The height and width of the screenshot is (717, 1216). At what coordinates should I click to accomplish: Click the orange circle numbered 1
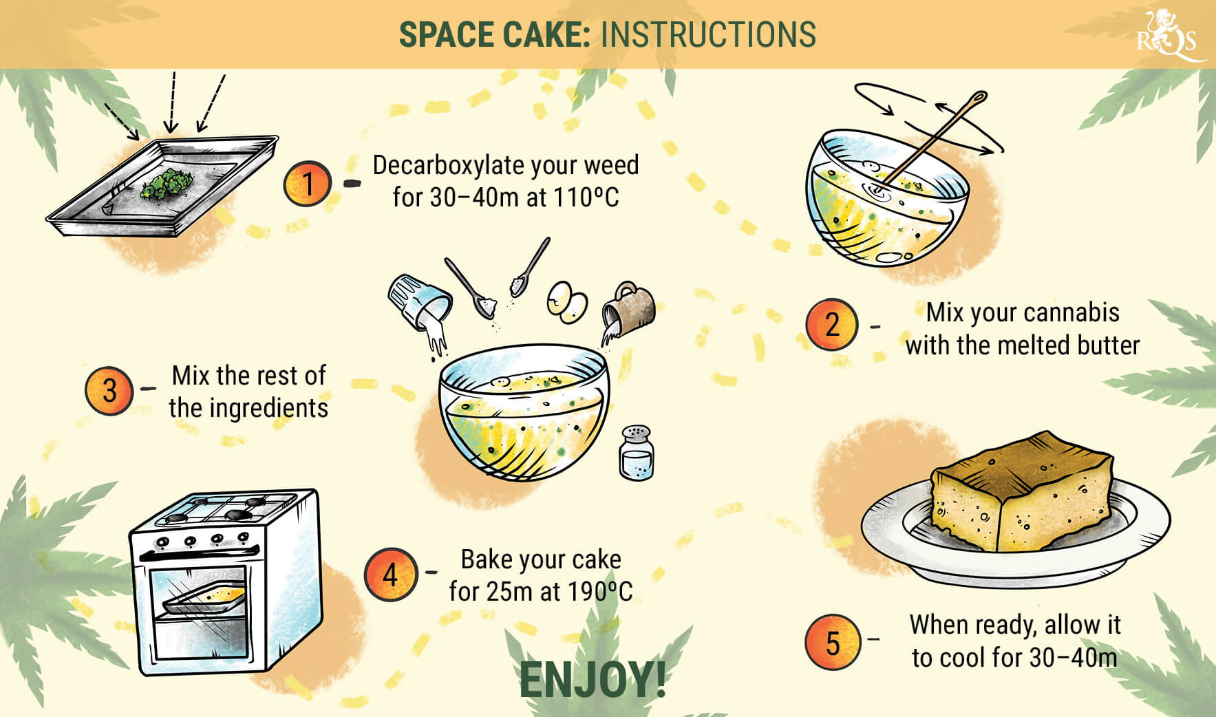click(x=308, y=183)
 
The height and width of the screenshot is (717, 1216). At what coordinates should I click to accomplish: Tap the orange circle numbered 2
click(x=832, y=325)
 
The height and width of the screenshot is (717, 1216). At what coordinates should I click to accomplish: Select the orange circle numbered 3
click(x=109, y=391)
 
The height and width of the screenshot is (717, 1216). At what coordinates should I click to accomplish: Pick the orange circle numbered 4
click(x=390, y=574)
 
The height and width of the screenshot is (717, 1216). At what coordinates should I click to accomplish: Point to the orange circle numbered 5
click(x=833, y=643)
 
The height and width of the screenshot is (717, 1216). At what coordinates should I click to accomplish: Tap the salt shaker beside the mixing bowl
click(x=637, y=452)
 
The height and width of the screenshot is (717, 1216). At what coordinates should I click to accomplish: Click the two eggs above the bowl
click(x=567, y=301)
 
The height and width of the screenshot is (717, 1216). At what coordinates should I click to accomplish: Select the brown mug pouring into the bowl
click(x=630, y=304)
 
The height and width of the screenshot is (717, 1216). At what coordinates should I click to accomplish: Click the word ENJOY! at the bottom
click(x=592, y=680)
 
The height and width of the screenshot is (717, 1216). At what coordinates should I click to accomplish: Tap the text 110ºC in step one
click(x=586, y=198)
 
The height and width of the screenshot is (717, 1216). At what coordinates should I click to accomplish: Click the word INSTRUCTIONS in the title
click(x=708, y=34)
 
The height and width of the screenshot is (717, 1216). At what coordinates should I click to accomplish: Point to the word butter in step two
click(x=1108, y=345)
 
